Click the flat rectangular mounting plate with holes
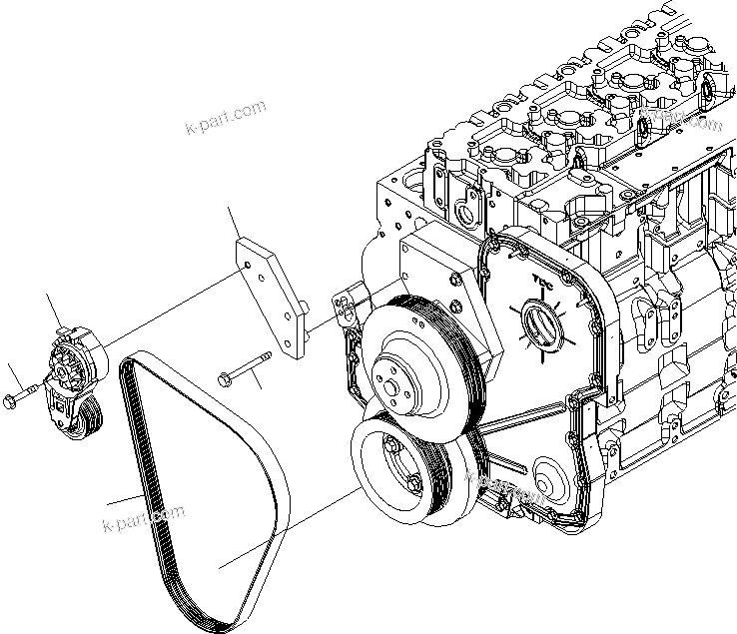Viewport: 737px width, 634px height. [x=272, y=292]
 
